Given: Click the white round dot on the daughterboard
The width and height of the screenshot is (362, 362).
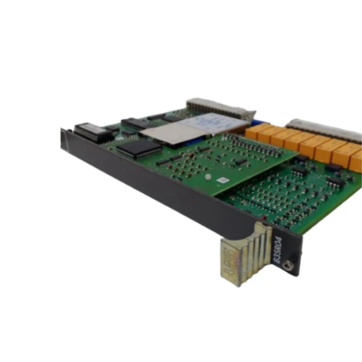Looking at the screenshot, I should click(x=208, y=177).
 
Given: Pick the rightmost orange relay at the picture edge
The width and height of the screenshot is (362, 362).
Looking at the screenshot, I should click(x=357, y=161).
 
